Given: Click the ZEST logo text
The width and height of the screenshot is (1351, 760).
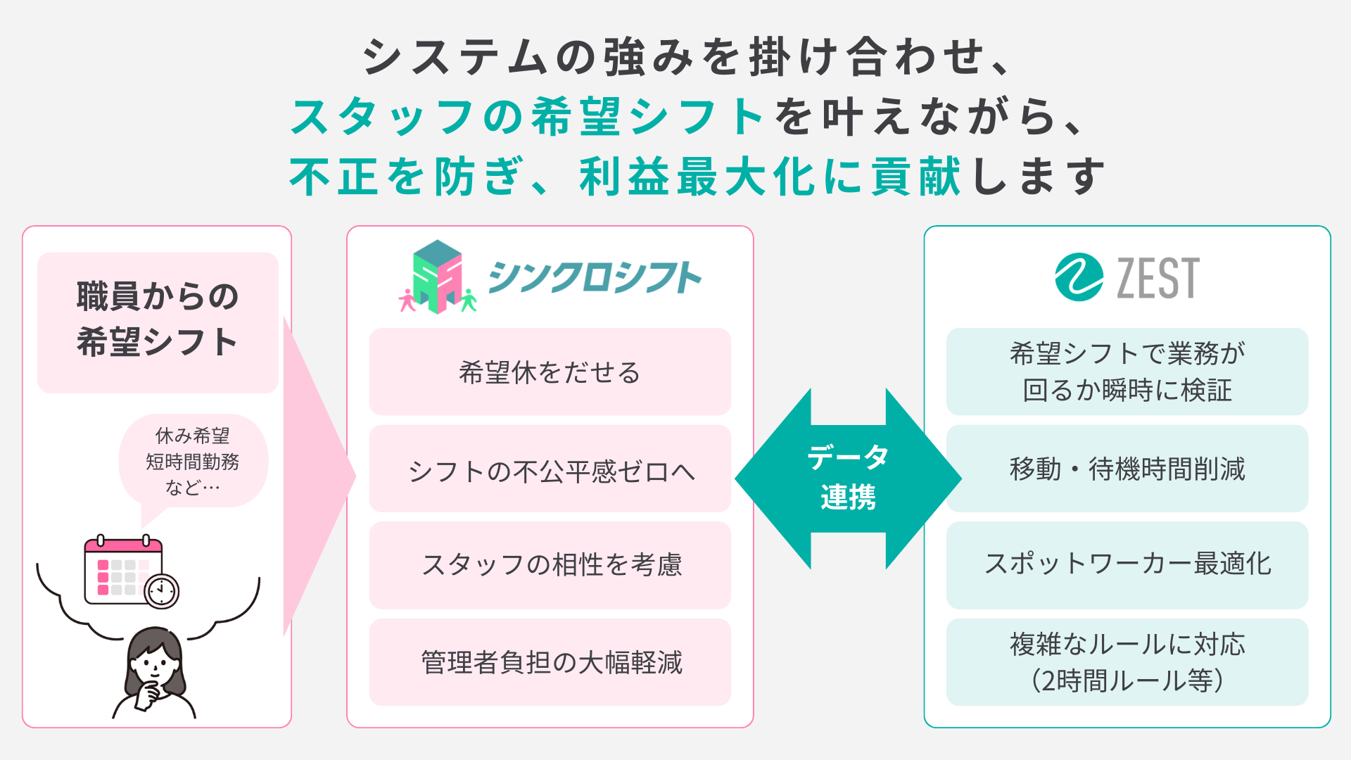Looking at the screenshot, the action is (x=1157, y=279).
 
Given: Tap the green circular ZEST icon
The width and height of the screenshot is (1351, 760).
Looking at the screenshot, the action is (x=1079, y=277).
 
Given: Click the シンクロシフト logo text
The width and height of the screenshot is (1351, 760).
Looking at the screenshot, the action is (x=595, y=277).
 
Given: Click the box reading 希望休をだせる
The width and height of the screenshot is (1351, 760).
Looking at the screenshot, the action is (x=550, y=372).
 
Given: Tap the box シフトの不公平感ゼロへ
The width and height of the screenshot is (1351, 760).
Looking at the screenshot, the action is (x=550, y=469).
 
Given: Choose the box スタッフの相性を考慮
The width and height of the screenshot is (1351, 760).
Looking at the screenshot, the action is (x=550, y=565).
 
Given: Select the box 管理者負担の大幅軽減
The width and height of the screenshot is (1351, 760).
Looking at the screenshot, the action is (x=550, y=662).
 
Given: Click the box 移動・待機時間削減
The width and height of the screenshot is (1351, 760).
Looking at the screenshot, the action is (x=1127, y=469).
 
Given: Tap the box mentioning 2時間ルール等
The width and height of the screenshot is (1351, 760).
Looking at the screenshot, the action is (x=1127, y=662).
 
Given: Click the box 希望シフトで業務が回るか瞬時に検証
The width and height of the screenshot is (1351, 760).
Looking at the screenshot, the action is (x=1127, y=372).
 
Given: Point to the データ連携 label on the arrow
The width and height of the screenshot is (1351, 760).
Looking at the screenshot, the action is (x=848, y=477).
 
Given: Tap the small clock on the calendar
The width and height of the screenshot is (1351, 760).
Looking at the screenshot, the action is (x=162, y=590).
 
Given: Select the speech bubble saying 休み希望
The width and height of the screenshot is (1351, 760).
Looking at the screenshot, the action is (x=193, y=462).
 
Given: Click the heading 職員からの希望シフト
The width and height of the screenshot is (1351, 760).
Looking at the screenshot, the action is (x=158, y=319).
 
